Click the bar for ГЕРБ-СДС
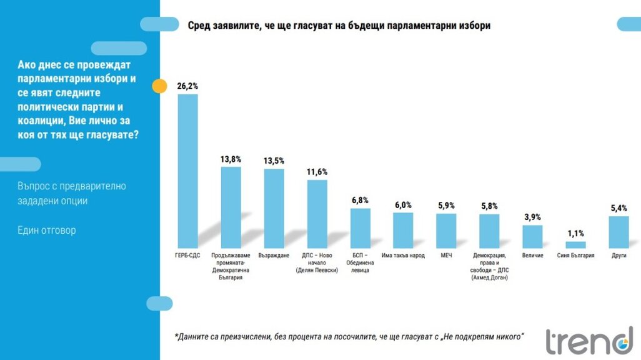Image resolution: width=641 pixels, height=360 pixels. pos(188,171)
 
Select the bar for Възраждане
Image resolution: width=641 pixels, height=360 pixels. pos(274,208)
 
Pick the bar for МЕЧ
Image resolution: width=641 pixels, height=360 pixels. pos(445,231)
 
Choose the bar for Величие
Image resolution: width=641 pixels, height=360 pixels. pos(532,236)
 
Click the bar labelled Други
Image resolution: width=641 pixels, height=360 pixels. pos(618,232)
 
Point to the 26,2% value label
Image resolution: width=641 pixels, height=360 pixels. pos(188,86)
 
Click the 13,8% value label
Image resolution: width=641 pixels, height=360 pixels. pos(231,159)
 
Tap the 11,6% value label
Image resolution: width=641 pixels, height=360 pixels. pos(317,172)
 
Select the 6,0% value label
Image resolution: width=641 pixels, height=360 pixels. pos(403,205)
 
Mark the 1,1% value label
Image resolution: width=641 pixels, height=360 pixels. pos(575,233)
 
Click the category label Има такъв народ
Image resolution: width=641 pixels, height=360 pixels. pos(403,256)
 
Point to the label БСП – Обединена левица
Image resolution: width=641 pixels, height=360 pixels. pos(360,262)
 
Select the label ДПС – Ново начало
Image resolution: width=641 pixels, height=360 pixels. pos(317,262)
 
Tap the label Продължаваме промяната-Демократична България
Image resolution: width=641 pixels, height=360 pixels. pos(231,266)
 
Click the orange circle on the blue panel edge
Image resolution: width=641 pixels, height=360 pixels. pos(159,86)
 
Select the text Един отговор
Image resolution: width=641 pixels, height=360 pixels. pos(47,231)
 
